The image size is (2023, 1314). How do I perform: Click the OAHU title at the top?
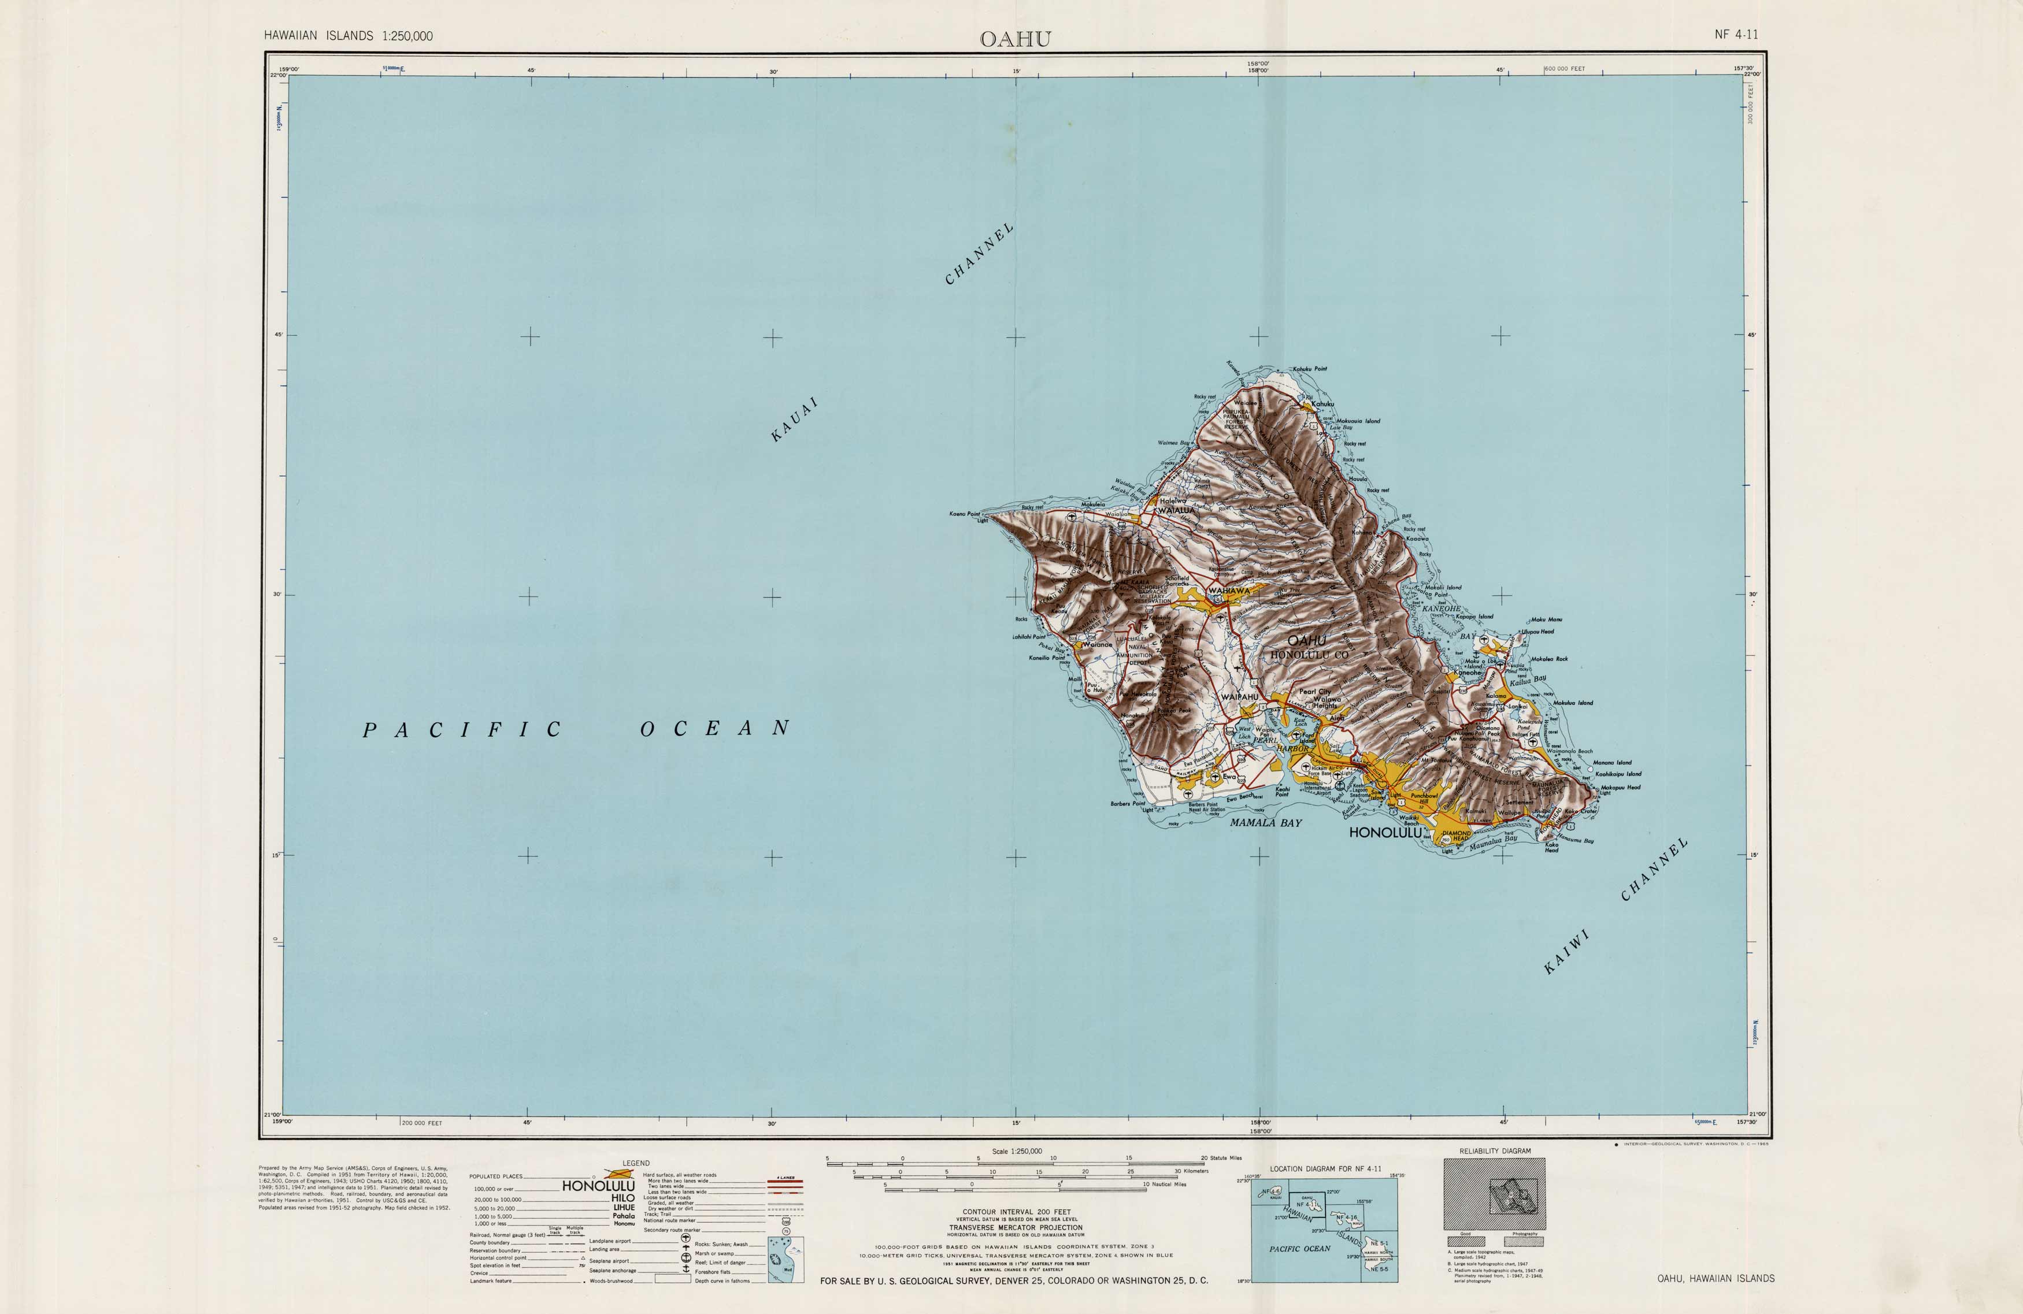point(1015,39)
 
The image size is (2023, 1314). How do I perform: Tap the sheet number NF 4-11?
point(1736,35)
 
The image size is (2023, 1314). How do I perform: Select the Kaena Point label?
point(964,514)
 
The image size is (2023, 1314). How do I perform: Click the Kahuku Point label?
point(1309,369)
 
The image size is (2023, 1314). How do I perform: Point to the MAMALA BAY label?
point(1266,823)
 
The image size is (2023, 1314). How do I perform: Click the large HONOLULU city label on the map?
point(1385,833)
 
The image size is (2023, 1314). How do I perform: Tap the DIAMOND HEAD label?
point(1456,836)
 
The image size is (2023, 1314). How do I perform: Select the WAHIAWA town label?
point(1229,590)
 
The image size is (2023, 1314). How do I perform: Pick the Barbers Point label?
point(1127,803)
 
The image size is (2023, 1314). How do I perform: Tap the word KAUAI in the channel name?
point(794,419)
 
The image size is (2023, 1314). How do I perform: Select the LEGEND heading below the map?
point(636,1163)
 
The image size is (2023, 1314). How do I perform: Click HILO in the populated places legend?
point(622,1197)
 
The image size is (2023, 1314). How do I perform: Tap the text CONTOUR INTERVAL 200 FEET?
point(1016,1212)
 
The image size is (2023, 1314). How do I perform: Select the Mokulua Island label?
point(1573,703)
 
